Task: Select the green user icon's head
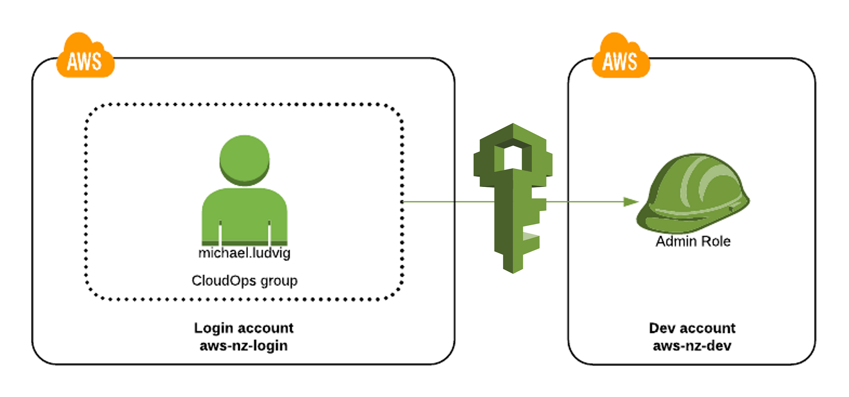click(x=244, y=159)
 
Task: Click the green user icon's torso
click(x=244, y=216)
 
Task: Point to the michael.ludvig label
click(x=244, y=253)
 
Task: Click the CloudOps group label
click(x=244, y=281)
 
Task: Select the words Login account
click(x=244, y=328)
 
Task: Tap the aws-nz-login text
click(x=244, y=346)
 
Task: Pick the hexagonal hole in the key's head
click(x=513, y=157)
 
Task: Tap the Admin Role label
click(x=693, y=242)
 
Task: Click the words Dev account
click(x=692, y=328)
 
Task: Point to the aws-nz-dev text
click(x=692, y=346)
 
